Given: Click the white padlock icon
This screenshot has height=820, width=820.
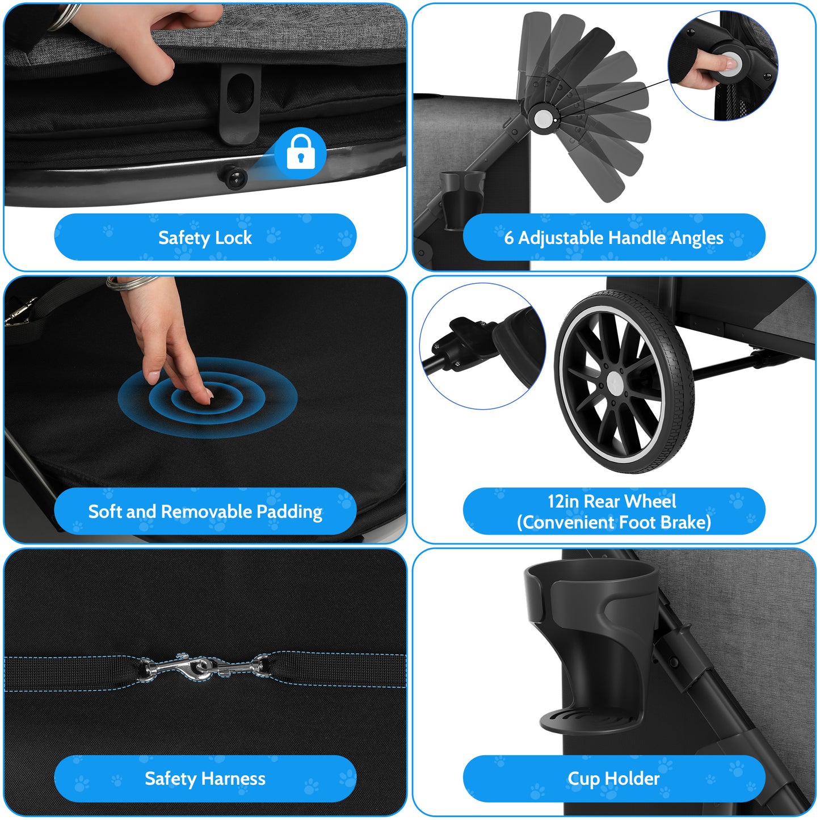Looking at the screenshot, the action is tap(301, 152).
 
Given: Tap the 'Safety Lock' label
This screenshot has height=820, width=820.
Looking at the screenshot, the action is tap(205, 237).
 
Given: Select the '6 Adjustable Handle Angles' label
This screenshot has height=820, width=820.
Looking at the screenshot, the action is tap(613, 237).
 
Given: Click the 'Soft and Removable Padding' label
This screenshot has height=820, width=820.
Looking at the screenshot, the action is tap(205, 511).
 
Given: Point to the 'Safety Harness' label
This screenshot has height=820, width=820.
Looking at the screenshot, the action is tap(205, 779).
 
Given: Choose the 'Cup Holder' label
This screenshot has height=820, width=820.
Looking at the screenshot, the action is tap(613, 779).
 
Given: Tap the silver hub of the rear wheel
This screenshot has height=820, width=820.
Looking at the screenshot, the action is tap(615, 381).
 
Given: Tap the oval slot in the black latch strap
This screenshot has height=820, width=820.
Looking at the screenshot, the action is tap(241, 94).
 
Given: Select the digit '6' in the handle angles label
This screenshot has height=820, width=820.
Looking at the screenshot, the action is tap(509, 237).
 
